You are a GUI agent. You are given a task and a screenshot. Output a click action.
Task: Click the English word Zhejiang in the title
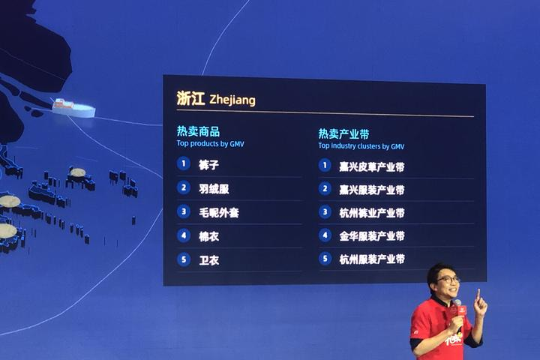click(232, 100)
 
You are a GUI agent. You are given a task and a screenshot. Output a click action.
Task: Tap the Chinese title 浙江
click(190, 98)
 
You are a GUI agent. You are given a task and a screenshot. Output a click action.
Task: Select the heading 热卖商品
click(198, 131)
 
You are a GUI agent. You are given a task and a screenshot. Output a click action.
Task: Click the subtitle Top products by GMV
click(211, 144)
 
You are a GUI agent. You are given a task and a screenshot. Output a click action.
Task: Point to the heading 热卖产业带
click(343, 133)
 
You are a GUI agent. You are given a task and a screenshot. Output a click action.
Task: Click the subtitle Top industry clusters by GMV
click(361, 146)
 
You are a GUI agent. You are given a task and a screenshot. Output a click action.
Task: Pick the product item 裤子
click(208, 165)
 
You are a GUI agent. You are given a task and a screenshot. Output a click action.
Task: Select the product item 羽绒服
click(214, 188)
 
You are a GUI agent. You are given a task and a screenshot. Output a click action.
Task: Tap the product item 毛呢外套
click(219, 212)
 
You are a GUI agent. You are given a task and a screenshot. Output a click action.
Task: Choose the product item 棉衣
click(208, 236)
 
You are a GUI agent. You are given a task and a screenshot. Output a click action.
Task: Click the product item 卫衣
click(208, 260)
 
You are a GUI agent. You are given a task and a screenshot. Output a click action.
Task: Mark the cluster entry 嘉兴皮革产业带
click(372, 166)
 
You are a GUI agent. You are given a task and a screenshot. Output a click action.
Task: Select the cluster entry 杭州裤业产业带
click(372, 213)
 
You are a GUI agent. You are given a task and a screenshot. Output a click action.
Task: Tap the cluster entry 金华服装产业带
click(372, 236)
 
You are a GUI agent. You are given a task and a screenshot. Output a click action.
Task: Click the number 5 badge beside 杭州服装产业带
click(325, 258)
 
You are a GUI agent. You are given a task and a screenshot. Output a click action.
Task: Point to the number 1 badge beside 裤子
click(184, 163)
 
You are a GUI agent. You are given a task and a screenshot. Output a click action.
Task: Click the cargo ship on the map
click(73, 108)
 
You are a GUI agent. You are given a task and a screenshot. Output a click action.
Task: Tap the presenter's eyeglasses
click(448, 280)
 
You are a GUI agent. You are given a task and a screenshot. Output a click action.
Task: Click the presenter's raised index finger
click(478, 295)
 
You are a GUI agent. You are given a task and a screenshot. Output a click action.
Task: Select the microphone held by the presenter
click(458, 310)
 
